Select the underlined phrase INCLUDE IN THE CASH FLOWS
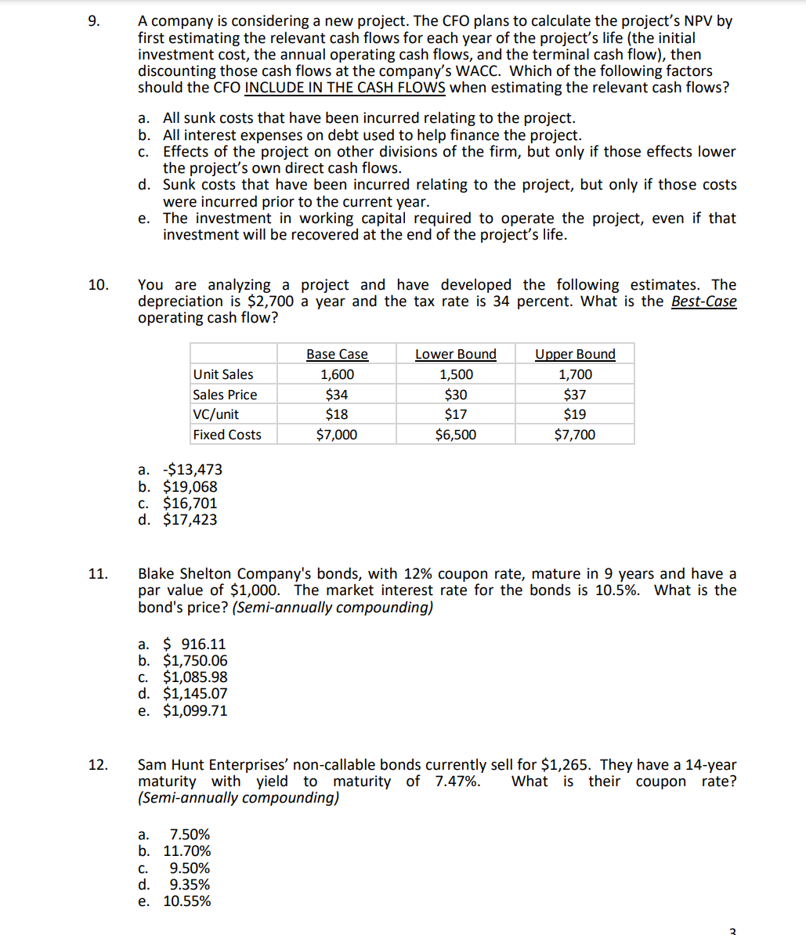click(345, 88)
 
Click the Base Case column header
click(337, 355)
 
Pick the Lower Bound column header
click(455, 355)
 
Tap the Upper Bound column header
click(575, 355)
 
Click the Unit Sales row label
click(223, 375)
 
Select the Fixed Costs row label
click(227, 435)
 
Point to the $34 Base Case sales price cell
click(337, 395)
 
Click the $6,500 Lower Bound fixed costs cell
click(455, 435)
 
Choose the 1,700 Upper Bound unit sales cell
click(575, 375)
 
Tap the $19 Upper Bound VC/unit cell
click(575, 415)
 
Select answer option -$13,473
click(191, 470)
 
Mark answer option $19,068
click(190, 487)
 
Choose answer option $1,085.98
click(194, 677)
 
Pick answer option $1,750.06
click(194, 661)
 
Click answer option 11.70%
click(186, 851)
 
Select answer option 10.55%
click(186, 901)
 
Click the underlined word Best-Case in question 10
click(704, 301)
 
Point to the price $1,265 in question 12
click(566, 765)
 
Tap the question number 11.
click(98, 575)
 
